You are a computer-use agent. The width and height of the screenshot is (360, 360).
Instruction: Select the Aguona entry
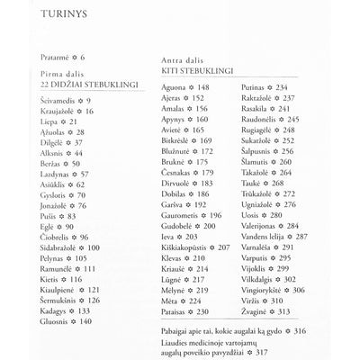187,87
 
